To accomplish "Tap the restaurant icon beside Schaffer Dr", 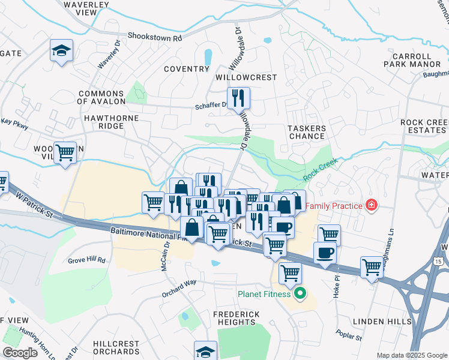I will tap(238, 97).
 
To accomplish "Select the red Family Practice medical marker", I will tap(372, 206).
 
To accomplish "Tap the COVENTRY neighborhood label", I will tap(187, 69).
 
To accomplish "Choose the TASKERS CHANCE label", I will tap(306, 132).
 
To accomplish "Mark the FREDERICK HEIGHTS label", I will tap(237, 318).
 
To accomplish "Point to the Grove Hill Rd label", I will tap(86, 260).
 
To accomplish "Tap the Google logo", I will tap(20, 353).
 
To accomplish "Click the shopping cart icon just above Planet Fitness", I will tap(290, 273).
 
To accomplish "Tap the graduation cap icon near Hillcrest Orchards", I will tap(205, 351).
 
